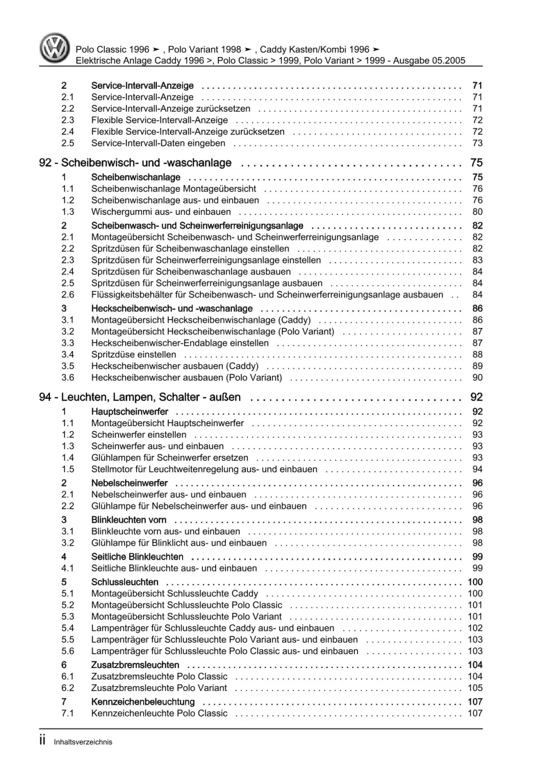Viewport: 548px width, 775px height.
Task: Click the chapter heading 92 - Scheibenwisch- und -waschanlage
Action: coord(135,163)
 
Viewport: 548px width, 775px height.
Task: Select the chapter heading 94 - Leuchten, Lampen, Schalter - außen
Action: coord(140,397)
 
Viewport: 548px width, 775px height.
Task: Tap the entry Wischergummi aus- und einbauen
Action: coord(161,212)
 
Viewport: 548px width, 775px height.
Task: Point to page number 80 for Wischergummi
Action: coord(477,212)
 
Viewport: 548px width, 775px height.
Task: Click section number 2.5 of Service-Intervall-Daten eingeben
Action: coord(67,143)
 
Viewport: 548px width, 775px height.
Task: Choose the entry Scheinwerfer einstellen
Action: coord(139,434)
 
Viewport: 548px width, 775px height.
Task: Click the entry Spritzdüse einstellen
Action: coord(133,354)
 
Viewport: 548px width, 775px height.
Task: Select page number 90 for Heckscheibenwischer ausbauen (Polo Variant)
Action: coord(477,377)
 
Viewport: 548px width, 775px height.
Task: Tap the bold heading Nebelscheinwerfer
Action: coord(129,483)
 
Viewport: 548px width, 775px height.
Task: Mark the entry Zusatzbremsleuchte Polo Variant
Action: coord(159,688)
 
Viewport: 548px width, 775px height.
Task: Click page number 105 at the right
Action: coord(475,688)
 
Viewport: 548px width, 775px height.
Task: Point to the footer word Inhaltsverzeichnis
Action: coord(83,742)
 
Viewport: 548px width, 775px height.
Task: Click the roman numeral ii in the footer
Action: coord(43,741)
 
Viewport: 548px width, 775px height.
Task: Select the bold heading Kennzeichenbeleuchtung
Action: coord(143,702)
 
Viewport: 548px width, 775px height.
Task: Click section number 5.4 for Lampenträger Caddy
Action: coord(67,628)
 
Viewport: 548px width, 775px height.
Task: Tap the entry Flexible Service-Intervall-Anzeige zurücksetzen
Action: coord(188,132)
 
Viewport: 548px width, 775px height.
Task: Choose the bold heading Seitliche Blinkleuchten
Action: coord(137,557)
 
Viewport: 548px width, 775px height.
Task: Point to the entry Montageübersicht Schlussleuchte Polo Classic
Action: coord(187,605)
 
